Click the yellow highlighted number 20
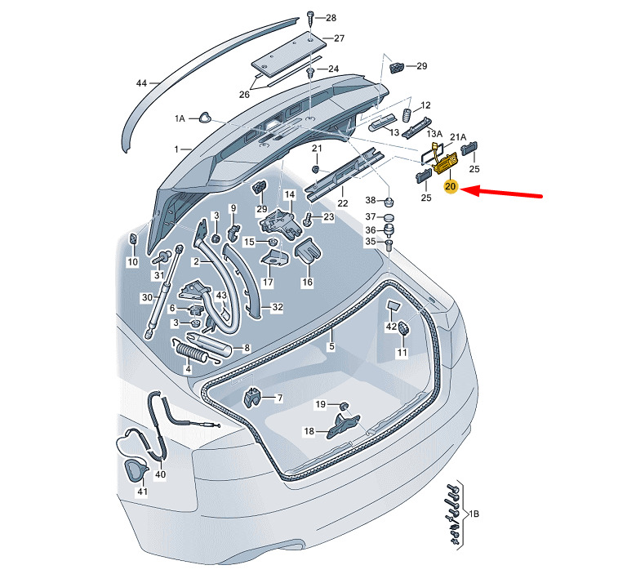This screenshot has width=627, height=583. [x=450, y=187]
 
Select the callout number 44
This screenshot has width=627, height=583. [x=141, y=84]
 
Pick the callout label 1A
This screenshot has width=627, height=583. [x=180, y=118]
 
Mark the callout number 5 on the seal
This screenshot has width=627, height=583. [x=331, y=347]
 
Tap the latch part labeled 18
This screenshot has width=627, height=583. [x=345, y=426]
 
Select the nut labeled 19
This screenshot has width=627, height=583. [x=344, y=405]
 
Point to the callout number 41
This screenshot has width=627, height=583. [x=142, y=492]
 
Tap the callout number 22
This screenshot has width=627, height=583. [x=343, y=202]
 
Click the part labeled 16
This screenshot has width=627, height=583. [x=306, y=250]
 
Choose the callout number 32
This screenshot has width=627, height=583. [x=277, y=308]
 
